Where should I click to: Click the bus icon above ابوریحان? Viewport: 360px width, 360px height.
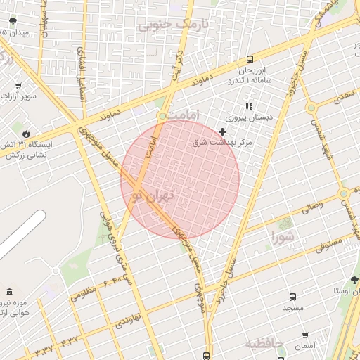tap(250, 60)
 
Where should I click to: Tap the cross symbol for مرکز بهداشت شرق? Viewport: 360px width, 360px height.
tap(223, 131)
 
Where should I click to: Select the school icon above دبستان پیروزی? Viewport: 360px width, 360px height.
tap(248, 106)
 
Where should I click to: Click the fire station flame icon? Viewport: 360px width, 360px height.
tap(27, 132)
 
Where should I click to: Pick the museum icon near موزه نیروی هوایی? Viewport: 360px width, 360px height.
tap(9, 292)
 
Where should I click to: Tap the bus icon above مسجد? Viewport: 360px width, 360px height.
tap(292, 297)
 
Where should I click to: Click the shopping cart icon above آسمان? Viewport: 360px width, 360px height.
tap(304, 335)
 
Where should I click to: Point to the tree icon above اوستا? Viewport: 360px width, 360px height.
tap(354, 279)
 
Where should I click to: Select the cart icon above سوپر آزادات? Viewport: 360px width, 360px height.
tap(18, 86)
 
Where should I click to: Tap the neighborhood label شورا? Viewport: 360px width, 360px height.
tap(281, 237)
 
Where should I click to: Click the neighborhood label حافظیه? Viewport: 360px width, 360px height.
tap(264, 343)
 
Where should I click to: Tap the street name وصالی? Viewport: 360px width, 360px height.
tap(311, 207)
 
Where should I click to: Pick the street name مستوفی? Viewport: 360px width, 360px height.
tap(329, 243)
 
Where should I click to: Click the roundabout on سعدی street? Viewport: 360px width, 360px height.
tap(310, 108)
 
